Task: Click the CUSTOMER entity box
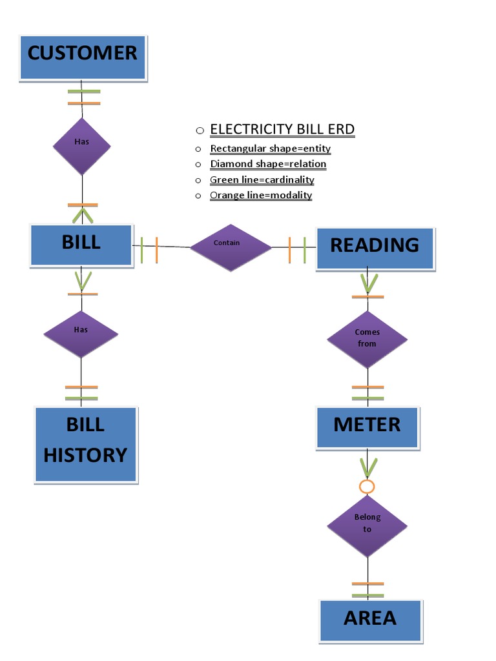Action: pyautogui.click(x=83, y=57)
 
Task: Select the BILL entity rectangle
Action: pyautogui.click(x=81, y=245)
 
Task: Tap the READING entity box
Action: pyautogui.click(x=375, y=248)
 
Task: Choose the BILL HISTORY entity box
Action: pyautogui.click(x=85, y=444)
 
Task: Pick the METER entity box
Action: pyautogui.click(x=367, y=427)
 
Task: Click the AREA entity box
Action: pyautogui.click(x=370, y=620)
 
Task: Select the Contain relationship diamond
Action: pyautogui.click(x=231, y=247)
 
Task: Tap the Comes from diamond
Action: pyautogui.click(x=367, y=339)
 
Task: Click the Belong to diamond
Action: pyautogui.click(x=367, y=525)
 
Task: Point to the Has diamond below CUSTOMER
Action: pyautogui.click(x=81, y=146)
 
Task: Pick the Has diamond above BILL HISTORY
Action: pyautogui.click(x=81, y=334)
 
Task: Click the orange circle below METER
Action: pyautogui.click(x=367, y=487)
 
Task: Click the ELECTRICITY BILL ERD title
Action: pyautogui.click(x=282, y=129)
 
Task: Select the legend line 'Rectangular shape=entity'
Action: pyautogui.click(x=270, y=148)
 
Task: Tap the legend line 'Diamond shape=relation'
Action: pyautogui.click(x=268, y=164)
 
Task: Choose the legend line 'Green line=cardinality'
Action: pyautogui.click(x=262, y=179)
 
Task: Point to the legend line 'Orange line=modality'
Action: pyautogui.click(x=261, y=195)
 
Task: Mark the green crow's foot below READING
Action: pyautogui.click(x=369, y=283)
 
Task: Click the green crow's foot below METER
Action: pyautogui.click(x=368, y=466)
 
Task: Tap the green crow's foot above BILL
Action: pyautogui.click(x=82, y=215)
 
